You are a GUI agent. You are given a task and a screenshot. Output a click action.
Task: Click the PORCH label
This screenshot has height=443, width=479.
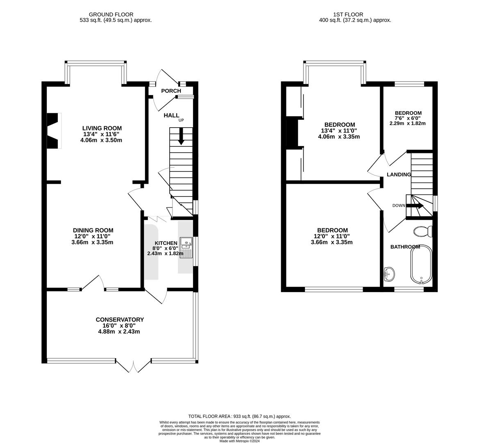(x=171, y=91)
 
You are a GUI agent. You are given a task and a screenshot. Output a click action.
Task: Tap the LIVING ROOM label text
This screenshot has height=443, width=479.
(x=102, y=128)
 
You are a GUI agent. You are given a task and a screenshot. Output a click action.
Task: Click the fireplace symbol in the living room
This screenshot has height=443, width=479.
(x=53, y=131)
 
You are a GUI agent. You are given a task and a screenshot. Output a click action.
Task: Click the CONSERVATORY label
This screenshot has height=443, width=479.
(x=120, y=320)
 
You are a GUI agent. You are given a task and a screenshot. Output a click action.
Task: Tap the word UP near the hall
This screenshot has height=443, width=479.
(x=181, y=120)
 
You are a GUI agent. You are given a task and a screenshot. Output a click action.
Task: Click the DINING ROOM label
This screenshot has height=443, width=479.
(x=93, y=230)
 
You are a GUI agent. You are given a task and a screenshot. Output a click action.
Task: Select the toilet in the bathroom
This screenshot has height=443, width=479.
(x=422, y=232)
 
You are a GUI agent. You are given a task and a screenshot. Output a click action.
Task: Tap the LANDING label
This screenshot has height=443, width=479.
(x=399, y=174)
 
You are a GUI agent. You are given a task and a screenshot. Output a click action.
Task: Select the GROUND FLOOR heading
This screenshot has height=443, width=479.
(x=111, y=14)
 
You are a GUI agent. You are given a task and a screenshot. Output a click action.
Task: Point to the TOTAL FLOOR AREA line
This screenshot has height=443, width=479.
(x=239, y=416)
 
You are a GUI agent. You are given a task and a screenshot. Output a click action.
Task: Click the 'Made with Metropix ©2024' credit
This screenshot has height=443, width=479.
(x=239, y=441)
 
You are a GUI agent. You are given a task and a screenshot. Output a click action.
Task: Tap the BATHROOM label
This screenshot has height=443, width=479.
(x=405, y=247)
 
